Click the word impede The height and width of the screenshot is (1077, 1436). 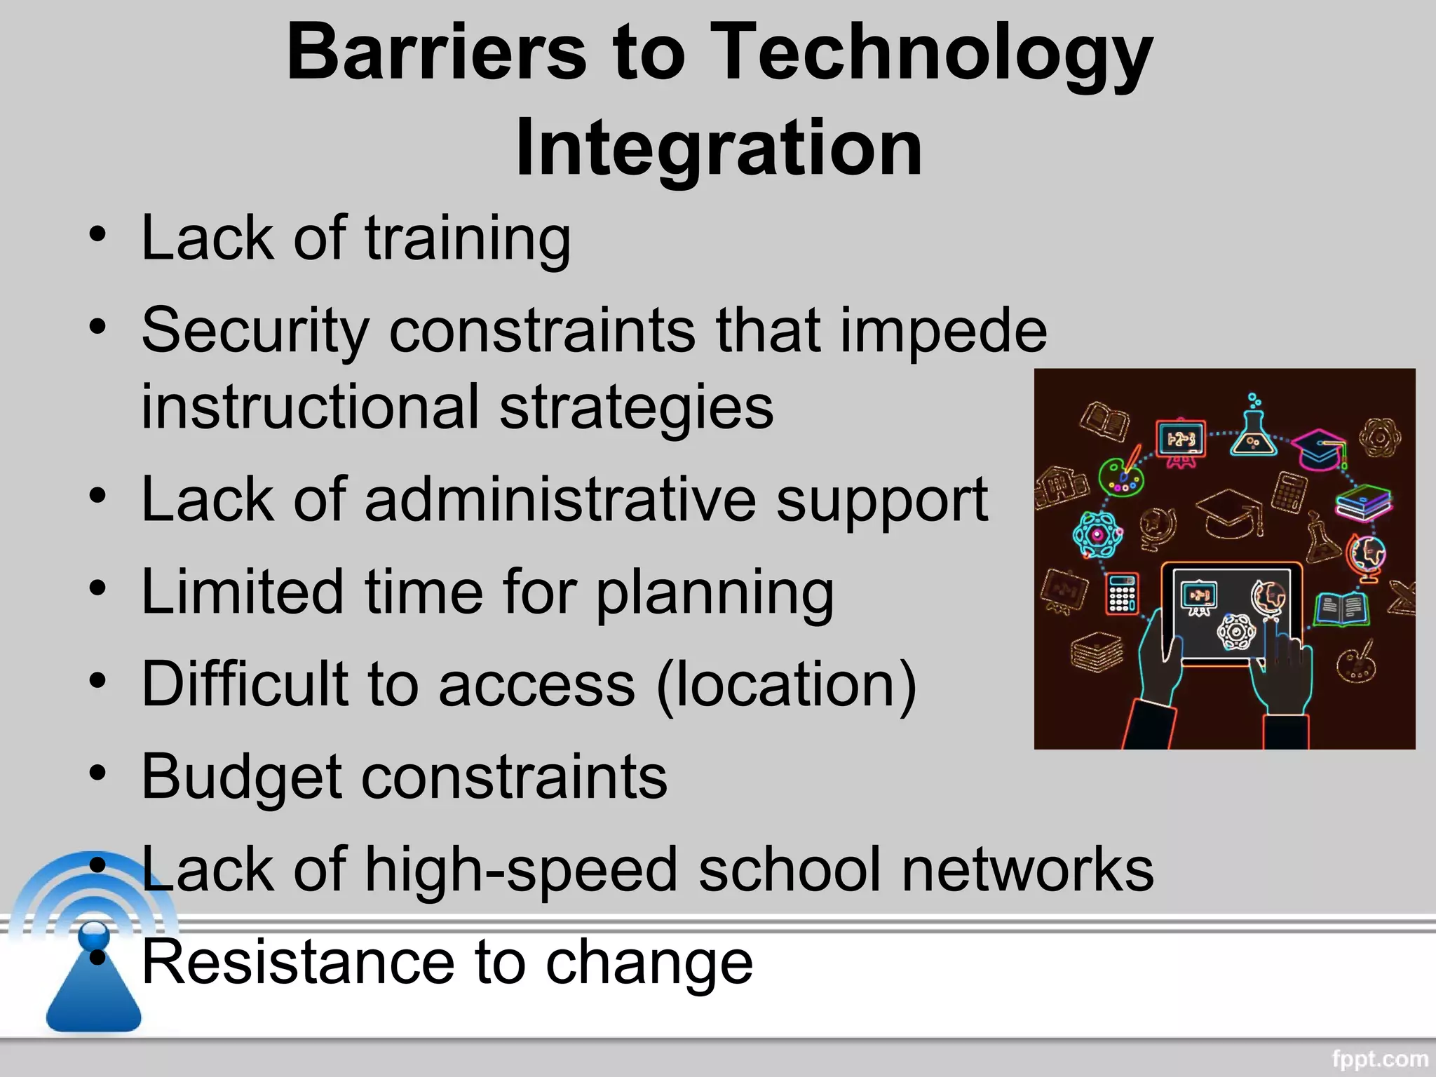[943, 331]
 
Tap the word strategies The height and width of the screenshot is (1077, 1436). [636, 407]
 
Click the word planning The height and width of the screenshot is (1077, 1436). [714, 593]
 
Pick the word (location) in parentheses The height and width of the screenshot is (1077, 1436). [786, 684]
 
